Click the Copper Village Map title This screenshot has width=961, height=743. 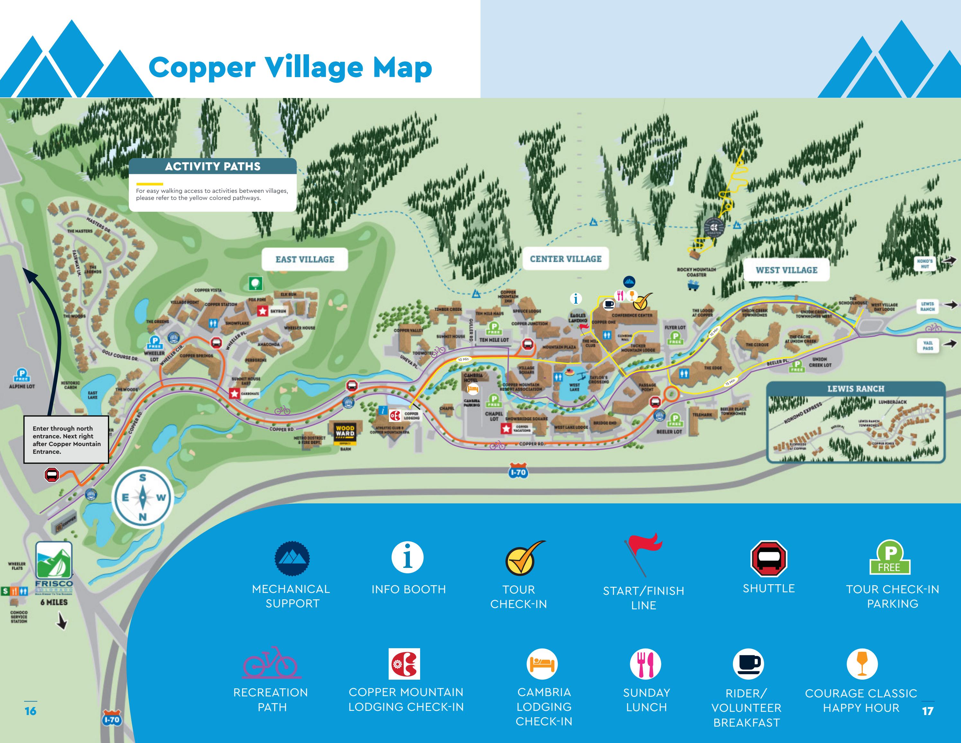coord(290,67)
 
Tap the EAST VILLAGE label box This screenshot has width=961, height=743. coord(304,259)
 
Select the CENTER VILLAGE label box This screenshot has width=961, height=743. coord(565,259)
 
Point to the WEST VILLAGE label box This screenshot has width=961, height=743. coord(786,270)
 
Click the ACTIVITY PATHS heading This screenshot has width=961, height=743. coord(213,166)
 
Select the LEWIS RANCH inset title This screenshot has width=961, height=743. coord(855,389)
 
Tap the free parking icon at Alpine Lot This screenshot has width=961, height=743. coord(22,375)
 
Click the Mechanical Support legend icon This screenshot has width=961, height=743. coord(292,559)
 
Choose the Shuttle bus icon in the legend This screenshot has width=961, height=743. coord(768,559)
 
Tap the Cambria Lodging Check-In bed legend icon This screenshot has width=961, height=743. coord(542,664)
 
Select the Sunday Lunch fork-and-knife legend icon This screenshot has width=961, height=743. coord(645,664)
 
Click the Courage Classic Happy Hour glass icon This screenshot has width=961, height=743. coord(861,664)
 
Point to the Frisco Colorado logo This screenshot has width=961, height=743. coord(54,568)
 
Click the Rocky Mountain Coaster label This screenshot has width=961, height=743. coord(696,272)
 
